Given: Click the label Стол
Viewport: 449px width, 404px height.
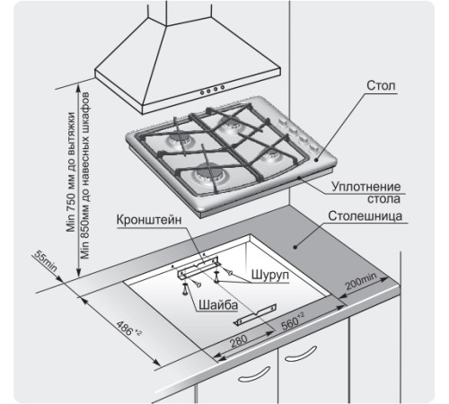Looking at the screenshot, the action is point(381,85).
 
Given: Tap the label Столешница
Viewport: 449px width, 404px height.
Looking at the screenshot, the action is point(365,215).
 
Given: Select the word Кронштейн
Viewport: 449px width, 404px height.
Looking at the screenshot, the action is point(149,220).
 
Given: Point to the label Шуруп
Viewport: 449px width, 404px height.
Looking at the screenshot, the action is point(270,275).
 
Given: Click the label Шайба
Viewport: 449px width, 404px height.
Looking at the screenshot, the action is point(218,305).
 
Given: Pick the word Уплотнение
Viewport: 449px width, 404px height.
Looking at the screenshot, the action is point(365,187).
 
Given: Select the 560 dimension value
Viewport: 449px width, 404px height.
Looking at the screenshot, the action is point(293,321).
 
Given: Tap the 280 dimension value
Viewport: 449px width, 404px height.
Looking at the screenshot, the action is point(239,341).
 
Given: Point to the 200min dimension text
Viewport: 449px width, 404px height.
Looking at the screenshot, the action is point(361,281).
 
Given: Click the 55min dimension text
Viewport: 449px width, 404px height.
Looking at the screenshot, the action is point(45,260).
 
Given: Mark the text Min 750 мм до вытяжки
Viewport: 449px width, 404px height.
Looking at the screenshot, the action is point(71,172).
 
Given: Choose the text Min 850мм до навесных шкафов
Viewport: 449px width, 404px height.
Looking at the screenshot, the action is point(85,176).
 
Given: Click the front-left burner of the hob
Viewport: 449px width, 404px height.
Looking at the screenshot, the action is point(210,174).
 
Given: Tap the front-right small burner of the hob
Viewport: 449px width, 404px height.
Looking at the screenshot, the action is point(271,155).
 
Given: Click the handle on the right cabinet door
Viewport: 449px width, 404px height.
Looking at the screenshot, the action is point(300,354).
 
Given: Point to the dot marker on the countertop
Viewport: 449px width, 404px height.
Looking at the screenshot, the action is point(295,247).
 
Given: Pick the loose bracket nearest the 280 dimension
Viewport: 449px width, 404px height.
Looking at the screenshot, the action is point(255,315).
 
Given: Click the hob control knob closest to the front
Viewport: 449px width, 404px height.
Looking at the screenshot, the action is point(313,148).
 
